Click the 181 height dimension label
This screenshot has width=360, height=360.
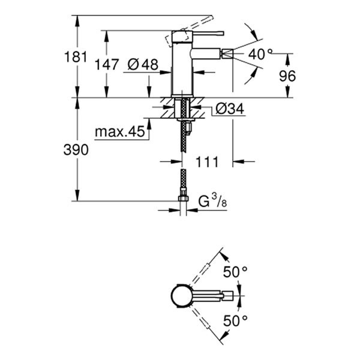[x=76, y=58]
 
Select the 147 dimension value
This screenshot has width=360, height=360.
[x=106, y=64]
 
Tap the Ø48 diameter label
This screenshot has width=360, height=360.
[x=142, y=64]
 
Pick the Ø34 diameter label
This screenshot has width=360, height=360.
[x=228, y=109]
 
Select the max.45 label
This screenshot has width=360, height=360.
[x=121, y=131]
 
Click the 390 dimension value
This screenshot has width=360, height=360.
[x=76, y=150]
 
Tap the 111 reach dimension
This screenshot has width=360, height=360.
[x=207, y=161]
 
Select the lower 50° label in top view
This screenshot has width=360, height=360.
[x=235, y=321]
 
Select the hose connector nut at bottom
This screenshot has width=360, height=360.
[x=184, y=198]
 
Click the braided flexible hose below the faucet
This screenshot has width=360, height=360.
[x=184, y=162]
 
